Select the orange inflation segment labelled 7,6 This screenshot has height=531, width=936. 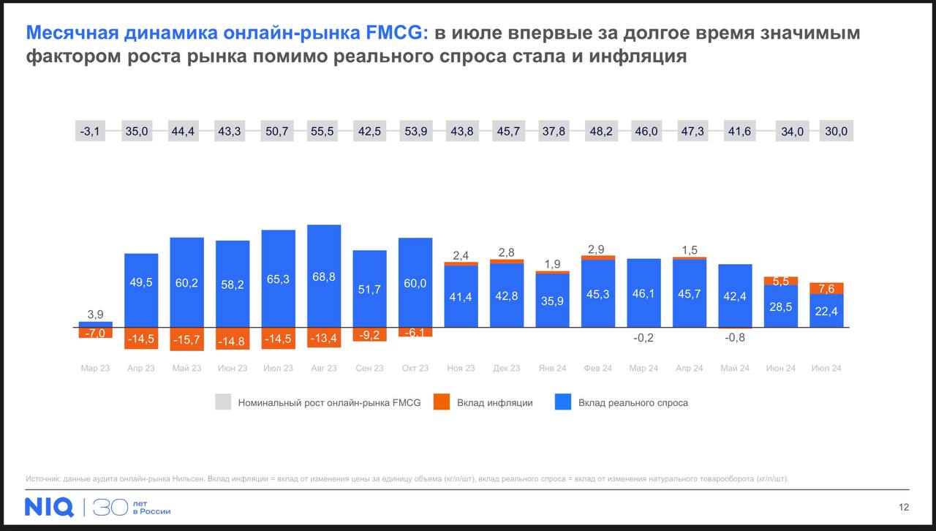point(827,288)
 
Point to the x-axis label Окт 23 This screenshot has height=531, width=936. point(415,368)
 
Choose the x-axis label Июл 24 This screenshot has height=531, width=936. point(826,368)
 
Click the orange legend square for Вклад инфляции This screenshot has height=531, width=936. point(441,402)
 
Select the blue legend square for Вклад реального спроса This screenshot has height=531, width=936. point(562,402)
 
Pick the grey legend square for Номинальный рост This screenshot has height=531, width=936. point(223,402)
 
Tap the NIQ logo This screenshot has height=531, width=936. point(49,507)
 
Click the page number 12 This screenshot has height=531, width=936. point(904,508)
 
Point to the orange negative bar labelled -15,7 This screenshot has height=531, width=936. point(186,339)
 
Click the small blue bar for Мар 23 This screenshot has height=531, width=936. point(96,324)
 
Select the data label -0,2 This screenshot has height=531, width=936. point(643,337)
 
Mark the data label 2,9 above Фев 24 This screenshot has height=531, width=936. point(597,249)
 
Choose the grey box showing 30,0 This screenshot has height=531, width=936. point(837,131)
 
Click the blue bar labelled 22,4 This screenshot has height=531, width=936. point(827,310)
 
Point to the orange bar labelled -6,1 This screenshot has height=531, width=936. point(415,332)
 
